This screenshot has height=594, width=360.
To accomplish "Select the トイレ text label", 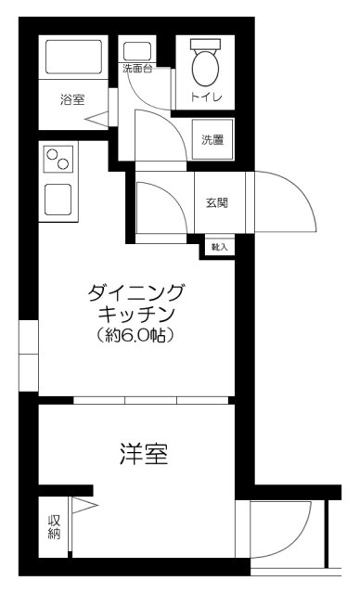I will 204,97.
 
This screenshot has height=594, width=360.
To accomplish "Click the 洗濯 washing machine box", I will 212,140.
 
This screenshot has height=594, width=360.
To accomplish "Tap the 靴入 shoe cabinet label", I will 220,247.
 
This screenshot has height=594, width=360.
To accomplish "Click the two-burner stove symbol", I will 58,161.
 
